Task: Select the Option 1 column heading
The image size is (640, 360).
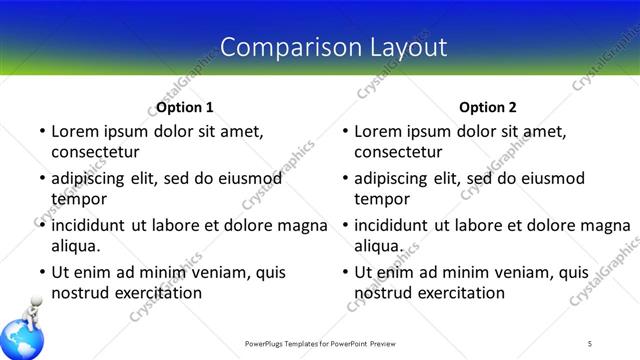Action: point(185,107)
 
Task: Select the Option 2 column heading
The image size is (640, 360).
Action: point(489,107)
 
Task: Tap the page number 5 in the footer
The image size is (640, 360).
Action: point(590,343)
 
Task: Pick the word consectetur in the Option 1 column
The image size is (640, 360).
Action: point(95,152)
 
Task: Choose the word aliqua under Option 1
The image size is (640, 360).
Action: point(76,245)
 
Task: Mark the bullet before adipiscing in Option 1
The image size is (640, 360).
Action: point(41,179)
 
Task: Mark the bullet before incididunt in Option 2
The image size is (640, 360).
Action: point(345,226)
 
